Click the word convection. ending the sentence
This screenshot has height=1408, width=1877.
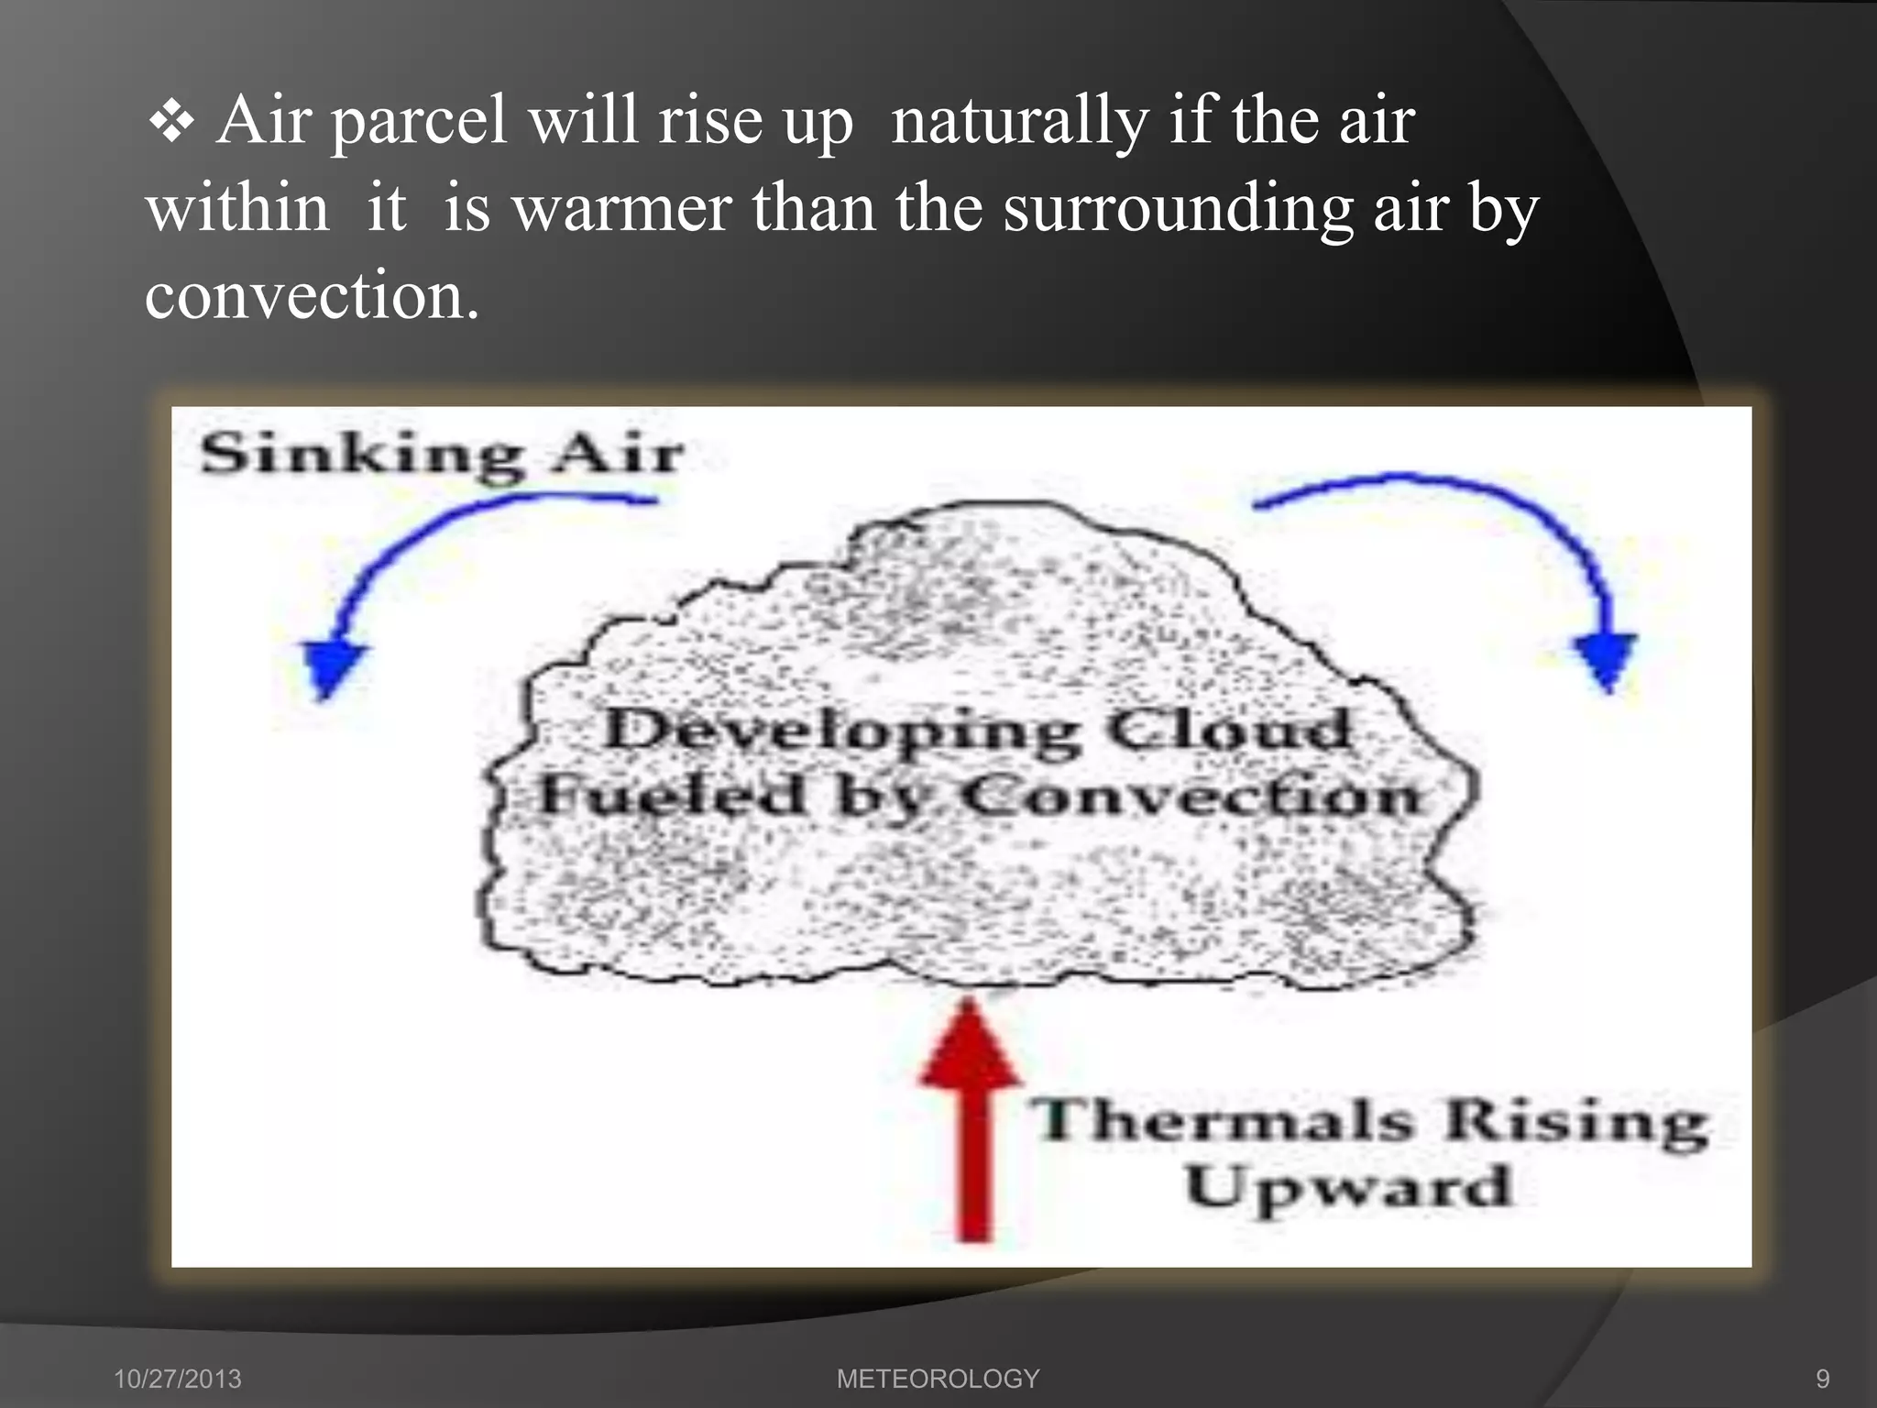[x=312, y=296]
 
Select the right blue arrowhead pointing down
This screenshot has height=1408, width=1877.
[x=1606, y=658]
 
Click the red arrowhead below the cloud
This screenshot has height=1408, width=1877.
[x=970, y=1045]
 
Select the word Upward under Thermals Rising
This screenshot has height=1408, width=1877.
[x=1347, y=1188]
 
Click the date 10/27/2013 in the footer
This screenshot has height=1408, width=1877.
[x=177, y=1379]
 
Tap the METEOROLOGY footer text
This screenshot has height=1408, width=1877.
[x=938, y=1379]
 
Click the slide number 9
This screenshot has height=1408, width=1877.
[x=1822, y=1379]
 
